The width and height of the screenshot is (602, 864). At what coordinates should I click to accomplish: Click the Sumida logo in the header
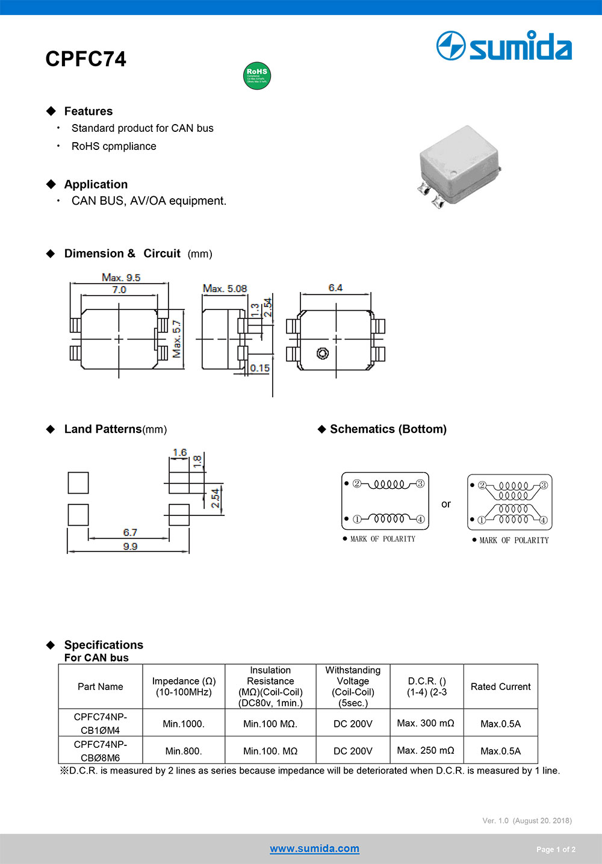[x=504, y=46]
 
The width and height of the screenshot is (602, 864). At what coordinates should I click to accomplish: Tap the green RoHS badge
[x=257, y=75]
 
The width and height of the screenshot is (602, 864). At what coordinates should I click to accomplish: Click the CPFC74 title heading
[x=85, y=59]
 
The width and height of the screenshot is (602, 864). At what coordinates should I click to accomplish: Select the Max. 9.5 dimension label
[x=121, y=278]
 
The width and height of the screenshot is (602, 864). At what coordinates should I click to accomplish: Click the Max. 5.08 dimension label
[x=225, y=288]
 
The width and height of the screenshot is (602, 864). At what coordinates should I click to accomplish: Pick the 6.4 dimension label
[x=335, y=288]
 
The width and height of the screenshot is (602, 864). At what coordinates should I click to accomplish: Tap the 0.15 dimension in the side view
[x=259, y=368]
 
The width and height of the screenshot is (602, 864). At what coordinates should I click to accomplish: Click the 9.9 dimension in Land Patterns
[x=130, y=546]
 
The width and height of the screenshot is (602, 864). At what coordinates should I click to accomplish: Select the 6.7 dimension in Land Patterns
[x=130, y=532]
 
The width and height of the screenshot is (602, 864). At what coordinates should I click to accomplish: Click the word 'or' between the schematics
[x=445, y=504]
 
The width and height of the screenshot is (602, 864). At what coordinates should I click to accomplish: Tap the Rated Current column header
[x=500, y=686]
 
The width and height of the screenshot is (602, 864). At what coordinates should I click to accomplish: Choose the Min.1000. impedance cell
[x=184, y=724]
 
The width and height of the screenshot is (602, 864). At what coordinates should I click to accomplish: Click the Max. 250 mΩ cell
[x=426, y=750]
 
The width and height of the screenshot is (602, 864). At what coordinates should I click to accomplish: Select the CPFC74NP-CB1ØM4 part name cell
[x=101, y=723]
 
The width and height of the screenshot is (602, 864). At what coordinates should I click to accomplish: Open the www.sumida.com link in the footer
[x=314, y=848]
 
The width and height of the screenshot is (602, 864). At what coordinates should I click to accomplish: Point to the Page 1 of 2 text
[x=556, y=850]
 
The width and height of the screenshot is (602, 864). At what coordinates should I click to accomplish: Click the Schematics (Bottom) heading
[x=388, y=429]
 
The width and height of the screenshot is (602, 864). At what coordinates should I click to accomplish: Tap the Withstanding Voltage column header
[x=353, y=686]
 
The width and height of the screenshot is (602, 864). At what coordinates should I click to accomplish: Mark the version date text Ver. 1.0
[x=527, y=821]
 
